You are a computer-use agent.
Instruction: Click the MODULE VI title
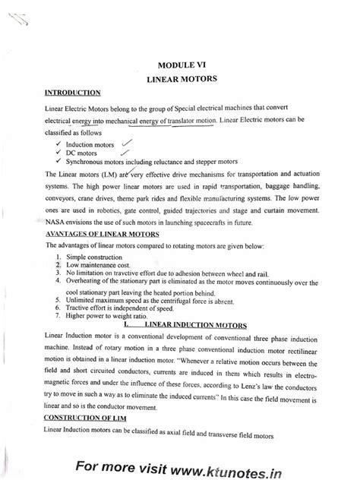click(188, 64)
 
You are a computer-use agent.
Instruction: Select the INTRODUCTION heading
click(74, 93)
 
